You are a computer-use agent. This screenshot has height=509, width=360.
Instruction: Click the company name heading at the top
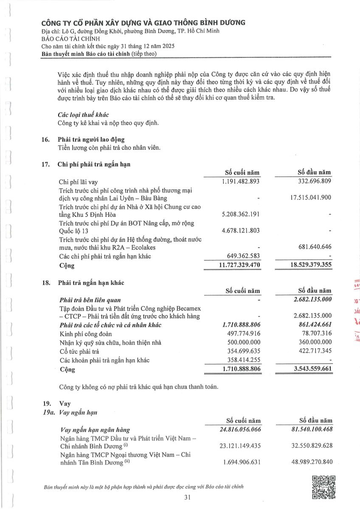pyautogui.click(x=143, y=22)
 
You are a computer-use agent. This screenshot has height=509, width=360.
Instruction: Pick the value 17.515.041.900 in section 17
pyautogui.click(x=308, y=198)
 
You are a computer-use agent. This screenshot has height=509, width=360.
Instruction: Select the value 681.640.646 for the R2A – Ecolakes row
pyautogui.click(x=313, y=246)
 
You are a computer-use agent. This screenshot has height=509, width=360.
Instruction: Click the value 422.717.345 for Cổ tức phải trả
pyautogui.click(x=313, y=351)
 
